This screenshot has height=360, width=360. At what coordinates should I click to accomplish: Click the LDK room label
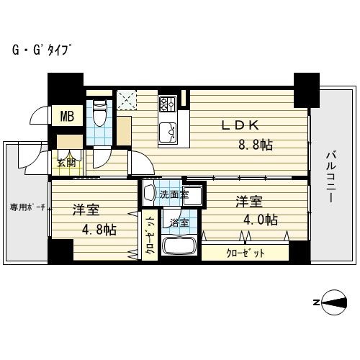[x=240, y=125]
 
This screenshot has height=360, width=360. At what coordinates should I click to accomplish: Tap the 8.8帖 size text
[x=256, y=145]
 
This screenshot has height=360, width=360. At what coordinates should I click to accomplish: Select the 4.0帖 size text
[x=261, y=220]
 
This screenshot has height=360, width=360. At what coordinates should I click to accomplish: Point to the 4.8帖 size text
[x=99, y=230]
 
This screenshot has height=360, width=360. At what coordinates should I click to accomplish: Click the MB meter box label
[x=67, y=116]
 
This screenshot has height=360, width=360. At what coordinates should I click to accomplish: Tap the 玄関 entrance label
[x=66, y=163]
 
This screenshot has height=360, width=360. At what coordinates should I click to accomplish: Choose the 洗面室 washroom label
[x=174, y=194]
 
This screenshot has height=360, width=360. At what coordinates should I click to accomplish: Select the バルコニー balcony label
[x=330, y=177]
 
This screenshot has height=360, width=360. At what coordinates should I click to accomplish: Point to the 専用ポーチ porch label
[x=27, y=207]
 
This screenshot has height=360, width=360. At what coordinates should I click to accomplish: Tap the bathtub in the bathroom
[x=179, y=246]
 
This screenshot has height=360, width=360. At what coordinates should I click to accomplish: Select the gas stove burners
[x=168, y=104]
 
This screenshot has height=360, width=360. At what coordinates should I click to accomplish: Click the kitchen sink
[x=168, y=132]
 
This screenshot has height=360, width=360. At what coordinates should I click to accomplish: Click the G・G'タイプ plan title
[x=42, y=50]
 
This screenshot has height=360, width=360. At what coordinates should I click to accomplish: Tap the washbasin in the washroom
[x=149, y=193]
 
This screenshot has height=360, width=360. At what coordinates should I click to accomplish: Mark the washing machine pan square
[x=193, y=195]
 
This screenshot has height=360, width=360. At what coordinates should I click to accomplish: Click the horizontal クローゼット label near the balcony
[x=245, y=253]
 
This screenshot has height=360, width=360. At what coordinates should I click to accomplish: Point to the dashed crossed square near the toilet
[x=127, y=100]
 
